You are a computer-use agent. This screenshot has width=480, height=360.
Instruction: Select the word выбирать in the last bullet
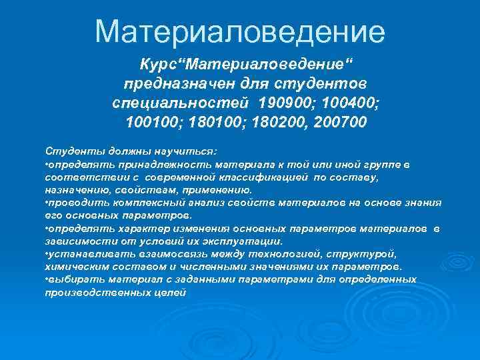tap(68, 280)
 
